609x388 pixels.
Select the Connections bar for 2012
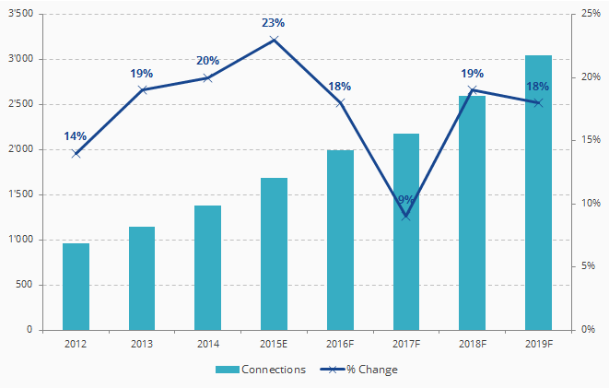click(x=76, y=287)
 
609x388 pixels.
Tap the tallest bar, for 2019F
click(x=538, y=193)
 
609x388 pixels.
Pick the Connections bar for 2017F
click(x=406, y=267)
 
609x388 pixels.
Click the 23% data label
click(x=274, y=23)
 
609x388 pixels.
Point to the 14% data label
click(x=76, y=136)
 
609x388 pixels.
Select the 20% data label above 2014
click(x=207, y=61)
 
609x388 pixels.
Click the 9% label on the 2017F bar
click(x=406, y=200)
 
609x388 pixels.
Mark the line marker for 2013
click(x=142, y=89)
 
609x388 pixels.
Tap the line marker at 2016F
click(x=340, y=102)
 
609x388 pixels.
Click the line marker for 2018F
click(x=472, y=89)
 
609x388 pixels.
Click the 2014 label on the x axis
click(x=207, y=344)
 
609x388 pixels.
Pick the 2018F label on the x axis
click(x=472, y=344)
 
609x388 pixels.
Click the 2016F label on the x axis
click(x=340, y=344)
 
